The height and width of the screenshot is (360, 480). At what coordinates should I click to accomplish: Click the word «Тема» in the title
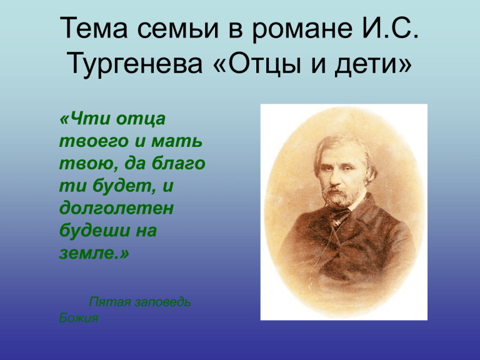tap(94, 28)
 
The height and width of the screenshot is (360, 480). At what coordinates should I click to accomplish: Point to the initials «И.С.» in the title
tap(391, 28)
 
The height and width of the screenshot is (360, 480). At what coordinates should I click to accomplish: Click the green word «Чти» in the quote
tap(86, 119)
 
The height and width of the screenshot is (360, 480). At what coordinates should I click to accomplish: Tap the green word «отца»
tap(141, 119)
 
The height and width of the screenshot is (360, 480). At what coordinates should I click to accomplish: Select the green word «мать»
tap(177, 141)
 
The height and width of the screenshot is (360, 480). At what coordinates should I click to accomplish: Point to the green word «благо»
tap(179, 164)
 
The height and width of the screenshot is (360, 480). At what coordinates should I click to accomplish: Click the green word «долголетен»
tap(116, 208)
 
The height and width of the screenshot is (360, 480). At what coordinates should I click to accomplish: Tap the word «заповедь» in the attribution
tap(162, 302)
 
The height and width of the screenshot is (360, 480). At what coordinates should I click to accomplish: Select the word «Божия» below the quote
tap(79, 318)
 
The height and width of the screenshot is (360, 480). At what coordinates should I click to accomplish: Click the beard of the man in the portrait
tap(340, 197)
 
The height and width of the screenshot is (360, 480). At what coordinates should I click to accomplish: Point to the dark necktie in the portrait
tap(341, 216)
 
